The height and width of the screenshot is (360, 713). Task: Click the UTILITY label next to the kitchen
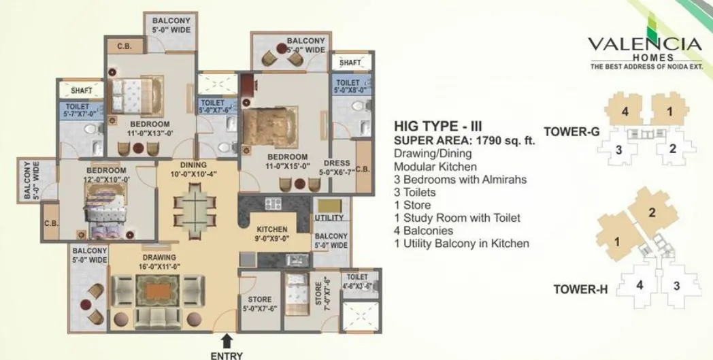pos(329,217)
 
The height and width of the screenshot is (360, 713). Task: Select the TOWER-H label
pos(580,289)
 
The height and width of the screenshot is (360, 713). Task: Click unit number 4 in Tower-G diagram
pos(624,111)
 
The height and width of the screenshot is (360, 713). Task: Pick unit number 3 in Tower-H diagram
pos(676,286)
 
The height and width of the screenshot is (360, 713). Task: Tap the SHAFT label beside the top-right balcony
pos(350,63)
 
